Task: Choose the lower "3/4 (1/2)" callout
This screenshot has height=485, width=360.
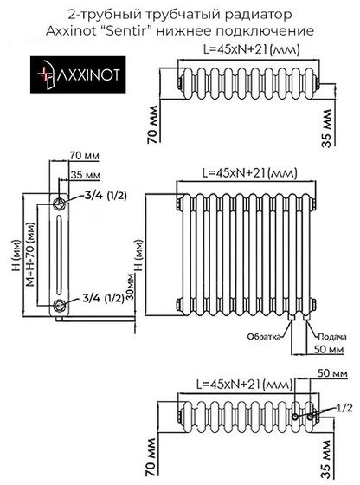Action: [x=101, y=300]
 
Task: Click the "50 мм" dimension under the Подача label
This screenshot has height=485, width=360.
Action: [x=325, y=348]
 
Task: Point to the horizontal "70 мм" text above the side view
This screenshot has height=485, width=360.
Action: [x=83, y=156]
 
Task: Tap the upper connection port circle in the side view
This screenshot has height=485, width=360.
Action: [x=59, y=204]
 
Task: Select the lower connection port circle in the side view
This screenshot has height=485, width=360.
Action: [x=59, y=305]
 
